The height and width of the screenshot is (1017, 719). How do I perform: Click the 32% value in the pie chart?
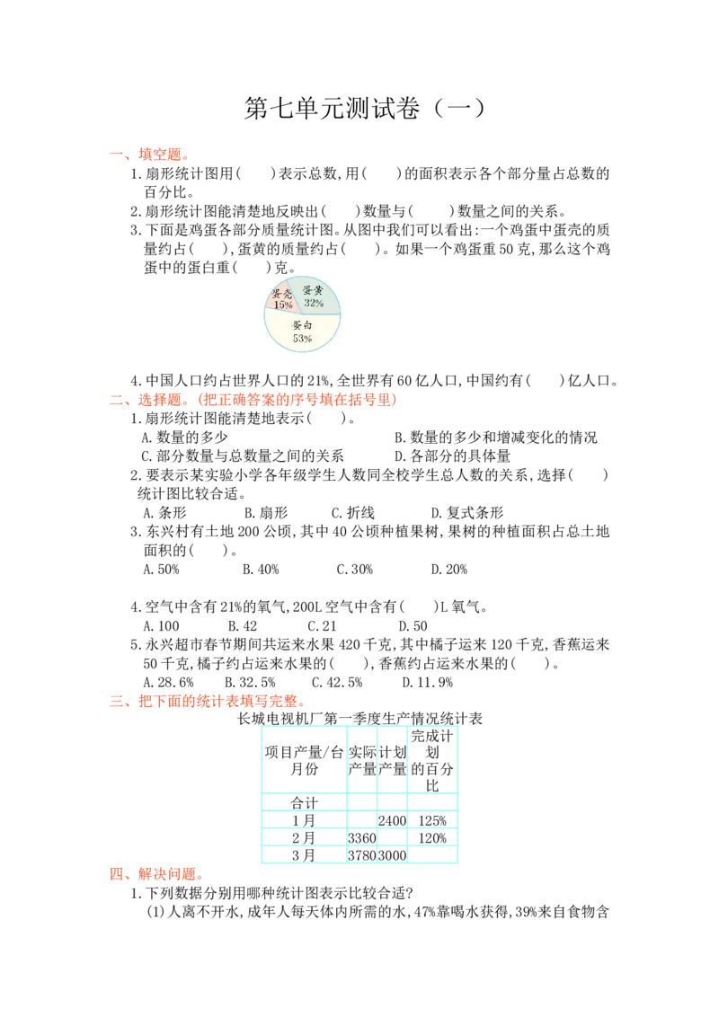pos(314,303)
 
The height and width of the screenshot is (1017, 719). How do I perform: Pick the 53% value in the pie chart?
pos(302,339)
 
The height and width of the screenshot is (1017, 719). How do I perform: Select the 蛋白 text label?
pos(302,325)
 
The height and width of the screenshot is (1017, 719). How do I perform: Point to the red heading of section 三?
pos(208,702)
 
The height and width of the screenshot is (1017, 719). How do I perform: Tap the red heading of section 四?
pos(156,874)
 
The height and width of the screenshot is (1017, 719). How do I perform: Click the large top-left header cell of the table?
pos(305,759)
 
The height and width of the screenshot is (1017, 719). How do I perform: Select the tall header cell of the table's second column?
pos(361,759)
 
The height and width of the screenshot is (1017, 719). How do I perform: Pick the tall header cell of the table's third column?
pos(392,759)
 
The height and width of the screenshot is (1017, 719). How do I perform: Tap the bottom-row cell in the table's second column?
pos(361,856)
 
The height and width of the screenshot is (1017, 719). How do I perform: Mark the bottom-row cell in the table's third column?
pos(392,856)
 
